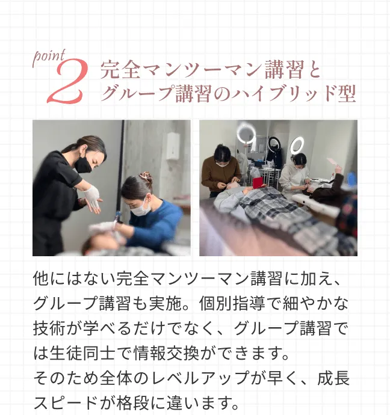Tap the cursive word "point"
coord(49,57)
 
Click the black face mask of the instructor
coord(83,165)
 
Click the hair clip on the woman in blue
coord(146,175)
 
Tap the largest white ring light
coord(246,134)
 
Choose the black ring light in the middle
coord(274,144)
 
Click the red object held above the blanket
coord(258,183)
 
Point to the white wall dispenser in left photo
coord(173,146)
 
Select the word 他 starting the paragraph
coord(41,278)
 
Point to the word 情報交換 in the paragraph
coord(166,353)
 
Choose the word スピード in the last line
coord(66,402)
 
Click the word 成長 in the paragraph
coord(333,378)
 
